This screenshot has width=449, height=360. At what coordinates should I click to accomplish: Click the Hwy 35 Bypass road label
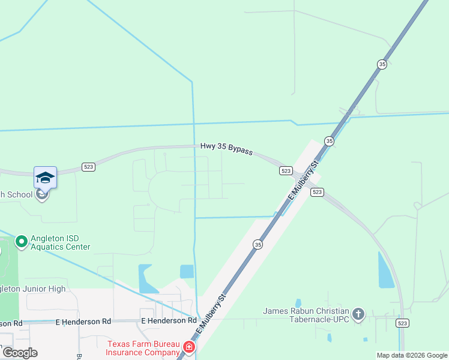226,148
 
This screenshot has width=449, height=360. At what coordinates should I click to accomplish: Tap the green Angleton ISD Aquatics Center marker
22,241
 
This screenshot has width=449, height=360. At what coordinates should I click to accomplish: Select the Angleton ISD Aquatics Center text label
60,242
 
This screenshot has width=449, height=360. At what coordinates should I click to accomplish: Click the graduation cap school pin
45,177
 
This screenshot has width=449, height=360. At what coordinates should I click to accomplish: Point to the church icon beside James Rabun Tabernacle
358,314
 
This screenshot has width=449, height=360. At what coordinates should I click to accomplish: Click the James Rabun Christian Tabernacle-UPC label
306,315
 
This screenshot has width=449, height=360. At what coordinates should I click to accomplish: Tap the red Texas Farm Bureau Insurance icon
189,347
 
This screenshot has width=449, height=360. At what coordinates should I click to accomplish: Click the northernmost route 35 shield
382,64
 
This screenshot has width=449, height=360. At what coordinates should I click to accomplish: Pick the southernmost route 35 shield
258,244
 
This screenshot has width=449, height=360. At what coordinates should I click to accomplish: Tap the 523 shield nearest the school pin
88,167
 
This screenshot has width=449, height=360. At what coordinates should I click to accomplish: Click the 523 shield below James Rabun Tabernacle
402,323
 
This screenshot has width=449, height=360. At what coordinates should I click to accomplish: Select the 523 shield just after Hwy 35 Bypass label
286,171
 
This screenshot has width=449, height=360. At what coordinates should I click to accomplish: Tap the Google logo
19,353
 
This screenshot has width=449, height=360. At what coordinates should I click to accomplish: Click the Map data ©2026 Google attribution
411,355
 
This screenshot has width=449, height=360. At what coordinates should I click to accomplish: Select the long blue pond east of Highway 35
384,270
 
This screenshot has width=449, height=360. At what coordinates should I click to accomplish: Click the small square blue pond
187,271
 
